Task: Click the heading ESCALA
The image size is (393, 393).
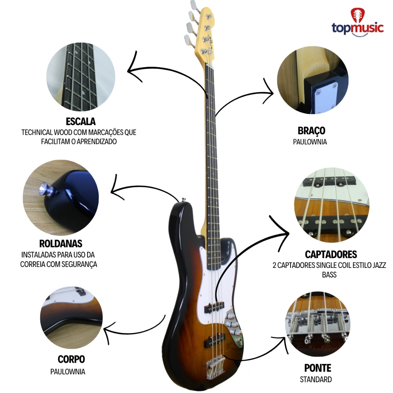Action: [x=81, y=122]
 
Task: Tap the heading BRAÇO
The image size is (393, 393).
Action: [x=311, y=130]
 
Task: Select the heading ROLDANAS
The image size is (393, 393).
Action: [x=61, y=244]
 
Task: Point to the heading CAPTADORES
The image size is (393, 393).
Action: [x=331, y=254]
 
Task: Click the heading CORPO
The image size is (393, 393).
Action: [x=71, y=360]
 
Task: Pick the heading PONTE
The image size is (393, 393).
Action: [x=317, y=368]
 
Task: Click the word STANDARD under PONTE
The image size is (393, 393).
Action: [x=316, y=380]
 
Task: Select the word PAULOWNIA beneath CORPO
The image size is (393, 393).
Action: [x=68, y=372]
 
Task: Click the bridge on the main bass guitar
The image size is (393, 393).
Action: [x=215, y=367]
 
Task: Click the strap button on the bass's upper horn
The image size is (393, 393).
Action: [x=184, y=200]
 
